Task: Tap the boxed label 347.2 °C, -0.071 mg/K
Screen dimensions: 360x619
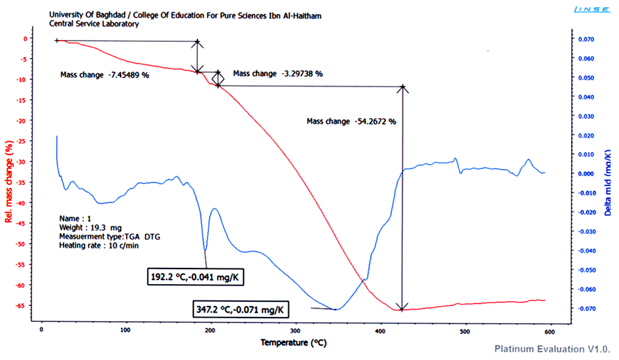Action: click(240, 309)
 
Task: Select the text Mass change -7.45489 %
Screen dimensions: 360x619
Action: click(104, 75)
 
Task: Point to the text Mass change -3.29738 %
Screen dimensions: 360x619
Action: click(278, 73)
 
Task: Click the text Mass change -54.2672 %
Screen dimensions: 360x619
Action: click(351, 121)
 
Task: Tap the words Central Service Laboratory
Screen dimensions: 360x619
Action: click(94, 24)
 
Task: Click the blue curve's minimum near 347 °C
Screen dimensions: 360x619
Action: click(336, 309)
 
